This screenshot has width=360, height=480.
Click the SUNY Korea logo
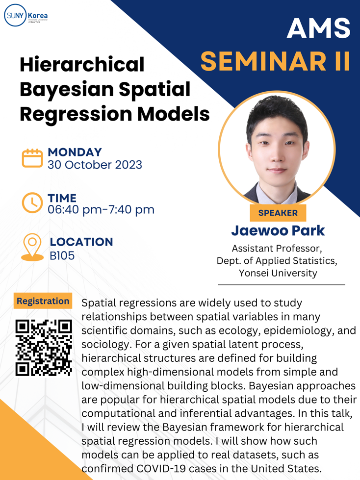[x=26, y=15]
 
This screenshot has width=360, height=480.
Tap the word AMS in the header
[x=319, y=28]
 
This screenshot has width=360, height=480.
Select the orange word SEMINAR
[x=263, y=61]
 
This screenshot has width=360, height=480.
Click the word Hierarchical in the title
[x=82, y=64]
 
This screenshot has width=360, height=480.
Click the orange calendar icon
[x=32, y=158]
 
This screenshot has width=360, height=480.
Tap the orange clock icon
[x=32, y=202]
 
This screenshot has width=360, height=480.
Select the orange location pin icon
[x=32, y=247]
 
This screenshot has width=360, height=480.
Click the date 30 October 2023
[x=95, y=165]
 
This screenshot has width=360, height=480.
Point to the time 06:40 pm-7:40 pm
[x=101, y=210]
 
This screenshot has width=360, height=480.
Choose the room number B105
[x=62, y=255]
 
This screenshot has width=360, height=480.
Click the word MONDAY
[x=75, y=152]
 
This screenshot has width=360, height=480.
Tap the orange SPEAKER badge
[x=278, y=213]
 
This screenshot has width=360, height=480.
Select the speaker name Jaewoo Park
[x=278, y=230]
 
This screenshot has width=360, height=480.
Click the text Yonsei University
[x=278, y=273]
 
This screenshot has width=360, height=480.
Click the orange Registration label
[x=43, y=301]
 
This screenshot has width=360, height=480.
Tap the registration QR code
[x=44, y=348]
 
